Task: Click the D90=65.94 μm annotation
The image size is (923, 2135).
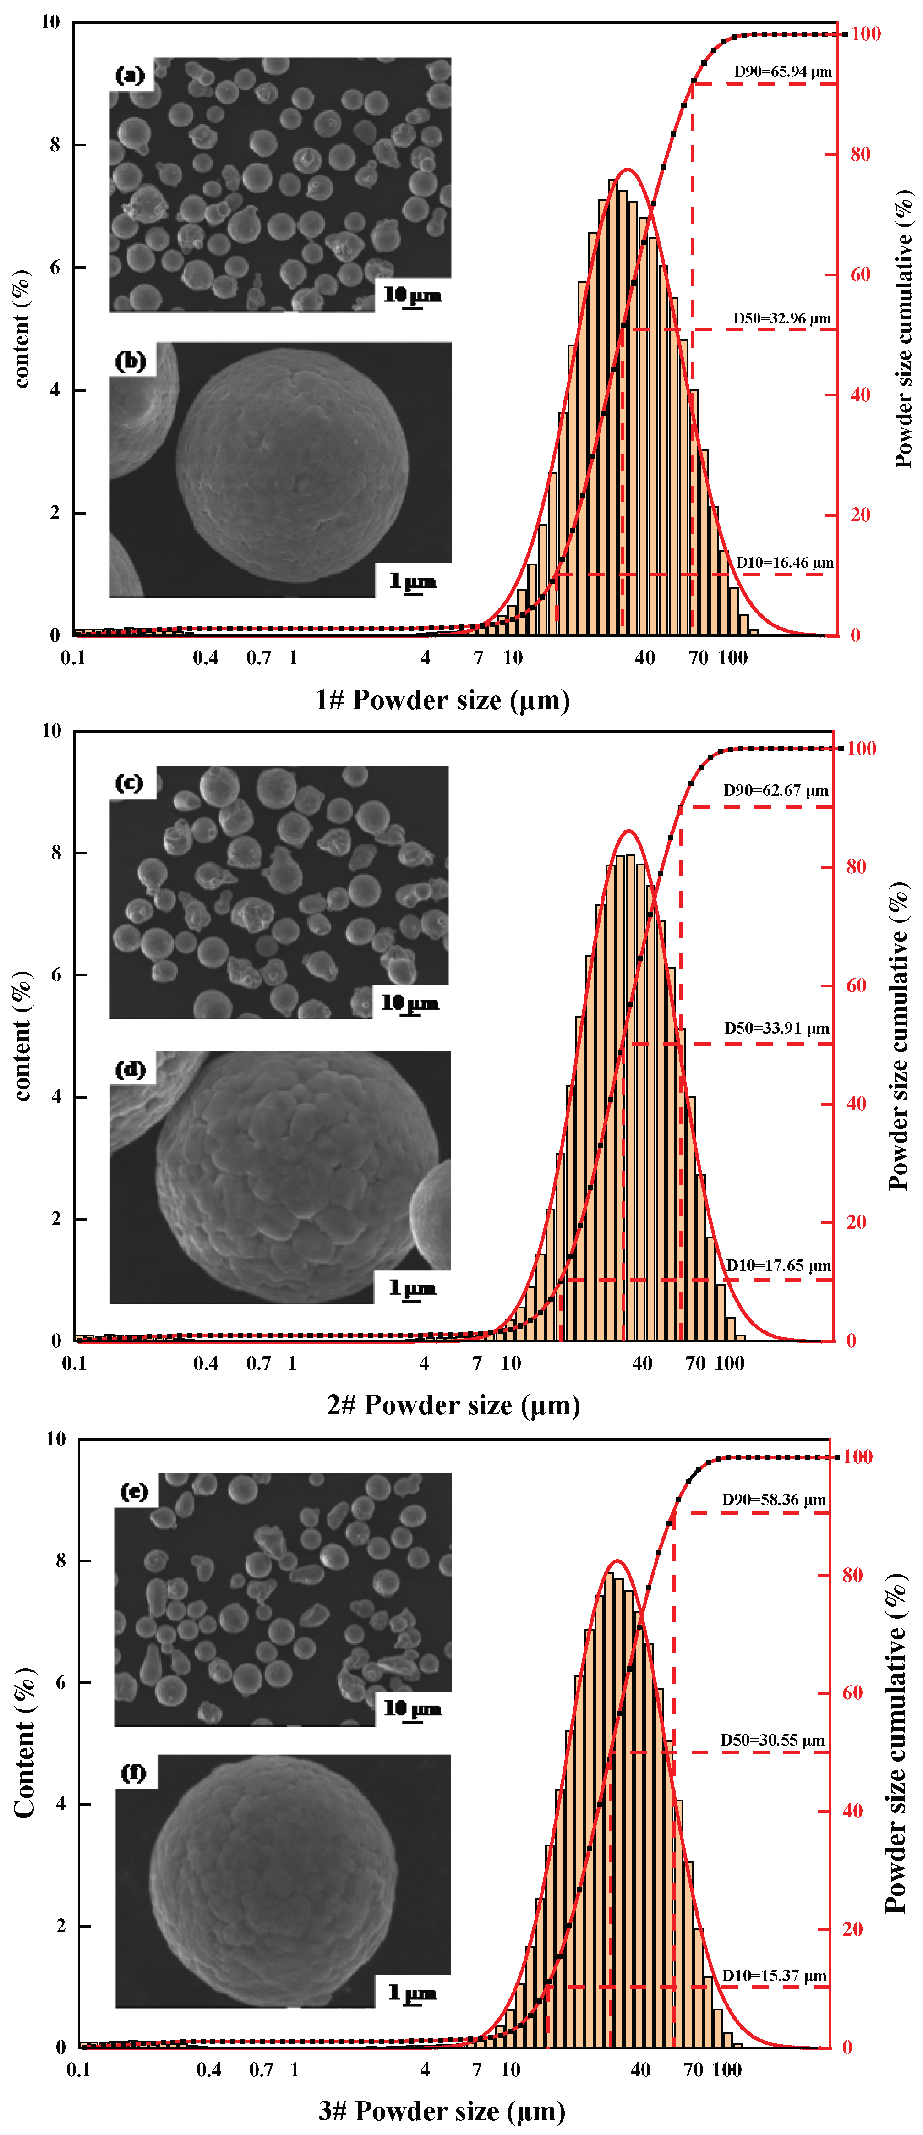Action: click(782, 72)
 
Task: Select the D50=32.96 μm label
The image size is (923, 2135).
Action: click(781, 319)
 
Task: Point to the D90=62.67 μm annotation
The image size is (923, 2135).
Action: click(776, 791)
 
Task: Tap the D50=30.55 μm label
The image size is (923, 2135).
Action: click(772, 1740)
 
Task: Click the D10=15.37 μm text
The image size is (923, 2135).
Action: click(774, 1976)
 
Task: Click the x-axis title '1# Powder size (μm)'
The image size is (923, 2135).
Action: click(442, 701)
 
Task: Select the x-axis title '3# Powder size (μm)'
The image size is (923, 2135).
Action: click(442, 2110)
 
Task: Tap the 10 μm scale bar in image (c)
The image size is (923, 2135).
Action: click(410, 1005)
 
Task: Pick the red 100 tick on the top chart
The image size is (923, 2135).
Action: click(865, 34)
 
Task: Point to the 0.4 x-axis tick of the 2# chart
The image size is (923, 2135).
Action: click(206, 1363)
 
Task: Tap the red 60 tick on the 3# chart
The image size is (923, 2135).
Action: click(852, 1693)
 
